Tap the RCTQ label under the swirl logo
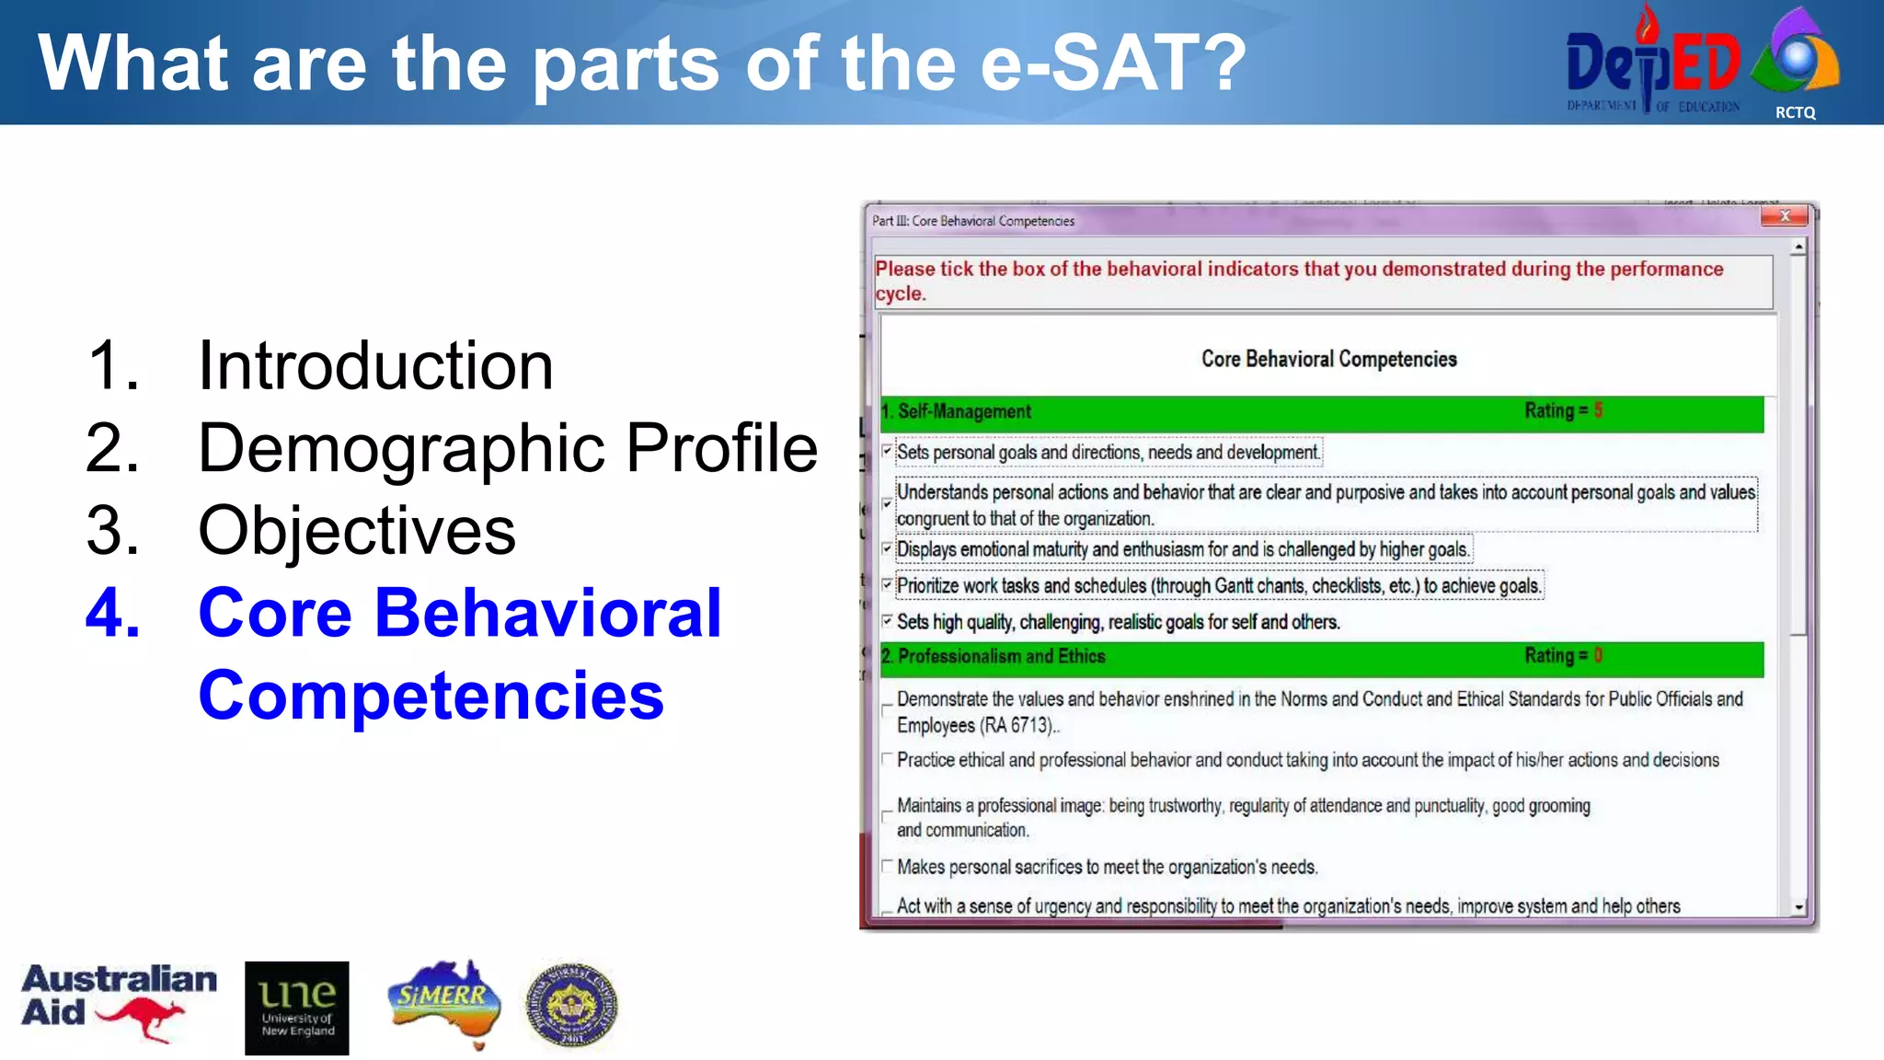click(1795, 112)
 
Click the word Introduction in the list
click(375, 366)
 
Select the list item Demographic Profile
click(507, 449)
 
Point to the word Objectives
click(357, 531)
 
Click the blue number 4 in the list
click(113, 613)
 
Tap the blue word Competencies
click(431, 696)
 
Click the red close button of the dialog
click(1785, 216)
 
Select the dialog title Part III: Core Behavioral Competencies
click(973, 221)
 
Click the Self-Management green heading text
click(964, 411)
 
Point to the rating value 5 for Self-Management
click(1598, 410)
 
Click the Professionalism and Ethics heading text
click(1001, 656)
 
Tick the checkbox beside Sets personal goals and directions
click(887, 451)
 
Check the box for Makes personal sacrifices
click(887, 866)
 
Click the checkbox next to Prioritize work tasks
click(887, 584)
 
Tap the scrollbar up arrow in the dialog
click(1798, 248)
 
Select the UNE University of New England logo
click(296, 1008)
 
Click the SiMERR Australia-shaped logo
click(445, 1003)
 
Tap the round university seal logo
click(571, 1006)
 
